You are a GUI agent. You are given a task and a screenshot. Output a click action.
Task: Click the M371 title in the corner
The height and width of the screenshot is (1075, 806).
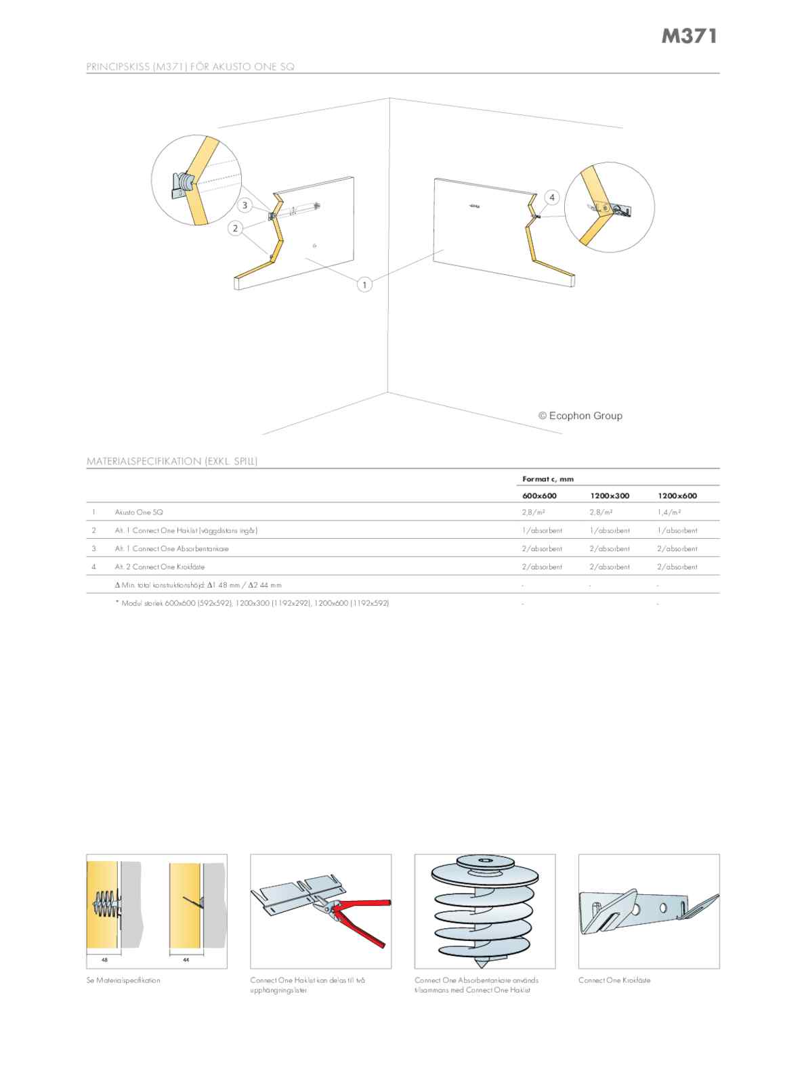(689, 37)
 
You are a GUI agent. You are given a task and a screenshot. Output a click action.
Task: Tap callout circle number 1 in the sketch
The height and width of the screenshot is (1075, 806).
(364, 285)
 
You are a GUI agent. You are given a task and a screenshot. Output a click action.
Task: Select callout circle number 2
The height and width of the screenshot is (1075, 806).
(236, 228)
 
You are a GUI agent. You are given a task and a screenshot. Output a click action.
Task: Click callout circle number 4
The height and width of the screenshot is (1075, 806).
(552, 197)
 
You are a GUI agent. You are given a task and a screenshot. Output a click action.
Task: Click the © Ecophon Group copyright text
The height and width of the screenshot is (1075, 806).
(580, 416)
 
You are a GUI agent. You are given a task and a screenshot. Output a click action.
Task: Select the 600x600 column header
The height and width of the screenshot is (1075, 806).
(539, 496)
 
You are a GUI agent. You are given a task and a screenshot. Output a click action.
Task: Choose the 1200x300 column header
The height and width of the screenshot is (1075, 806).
(610, 496)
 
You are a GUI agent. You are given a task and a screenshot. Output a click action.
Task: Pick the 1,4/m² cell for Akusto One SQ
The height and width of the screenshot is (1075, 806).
(669, 512)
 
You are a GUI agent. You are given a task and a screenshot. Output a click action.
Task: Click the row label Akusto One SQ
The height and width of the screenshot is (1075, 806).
(139, 512)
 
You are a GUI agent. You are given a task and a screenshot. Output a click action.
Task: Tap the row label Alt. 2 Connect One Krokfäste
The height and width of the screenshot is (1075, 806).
(159, 567)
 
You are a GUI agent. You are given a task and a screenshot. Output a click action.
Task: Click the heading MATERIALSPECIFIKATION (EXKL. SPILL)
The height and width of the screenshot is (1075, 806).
(172, 461)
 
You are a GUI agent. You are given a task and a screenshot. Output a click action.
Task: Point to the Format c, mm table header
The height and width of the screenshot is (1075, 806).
(547, 479)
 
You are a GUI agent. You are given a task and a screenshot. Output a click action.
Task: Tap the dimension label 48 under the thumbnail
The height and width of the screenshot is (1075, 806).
(104, 959)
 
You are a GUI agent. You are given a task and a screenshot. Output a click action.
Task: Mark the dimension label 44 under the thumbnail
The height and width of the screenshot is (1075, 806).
(185, 959)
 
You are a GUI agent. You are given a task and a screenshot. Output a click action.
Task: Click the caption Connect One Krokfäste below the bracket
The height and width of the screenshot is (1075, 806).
(614, 980)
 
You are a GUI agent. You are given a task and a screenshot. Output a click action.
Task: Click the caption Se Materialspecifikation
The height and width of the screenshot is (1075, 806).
(123, 980)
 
